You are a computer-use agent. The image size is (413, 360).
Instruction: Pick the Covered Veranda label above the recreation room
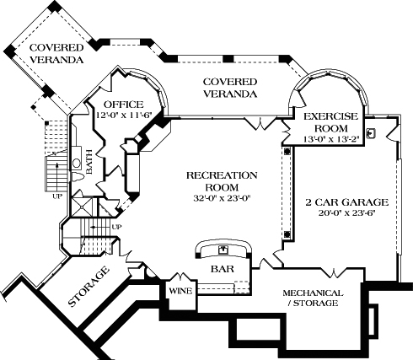pos(229,87)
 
